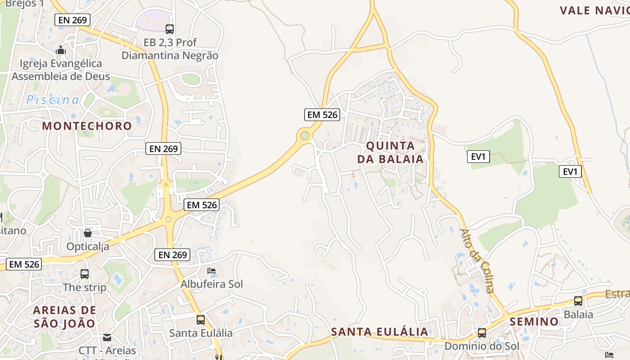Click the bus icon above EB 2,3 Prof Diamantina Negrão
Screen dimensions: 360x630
[x=170, y=29]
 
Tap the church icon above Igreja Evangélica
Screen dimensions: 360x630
[x=61, y=50]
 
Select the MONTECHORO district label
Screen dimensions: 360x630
[x=87, y=126]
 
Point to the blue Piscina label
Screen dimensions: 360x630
[x=53, y=100]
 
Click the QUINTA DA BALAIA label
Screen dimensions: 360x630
[x=391, y=152]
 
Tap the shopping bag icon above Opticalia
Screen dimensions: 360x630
[x=88, y=233]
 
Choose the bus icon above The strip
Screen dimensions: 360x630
[x=85, y=274]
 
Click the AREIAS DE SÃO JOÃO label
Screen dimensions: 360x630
[x=65, y=317]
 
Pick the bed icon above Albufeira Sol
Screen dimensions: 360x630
[x=211, y=271]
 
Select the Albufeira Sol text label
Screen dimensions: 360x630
[x=211, y=284]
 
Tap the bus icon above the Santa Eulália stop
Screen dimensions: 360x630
[x=201, y=320]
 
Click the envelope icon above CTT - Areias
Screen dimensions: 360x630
[x=107, y=337]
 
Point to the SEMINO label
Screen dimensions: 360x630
[x=534, y=322]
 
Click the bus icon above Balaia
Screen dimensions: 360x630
[x=578, y=301]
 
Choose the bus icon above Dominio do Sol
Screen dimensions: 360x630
[x=482, y=333]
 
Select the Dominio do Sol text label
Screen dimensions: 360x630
[x=482, y=346]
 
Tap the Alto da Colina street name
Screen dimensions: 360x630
[x=477, y=261]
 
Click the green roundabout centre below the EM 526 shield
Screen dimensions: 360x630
[x=305, y=135]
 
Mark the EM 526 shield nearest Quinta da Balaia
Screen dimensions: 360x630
[x=322, y=115]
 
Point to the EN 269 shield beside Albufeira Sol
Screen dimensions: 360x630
[x=173, y=255]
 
